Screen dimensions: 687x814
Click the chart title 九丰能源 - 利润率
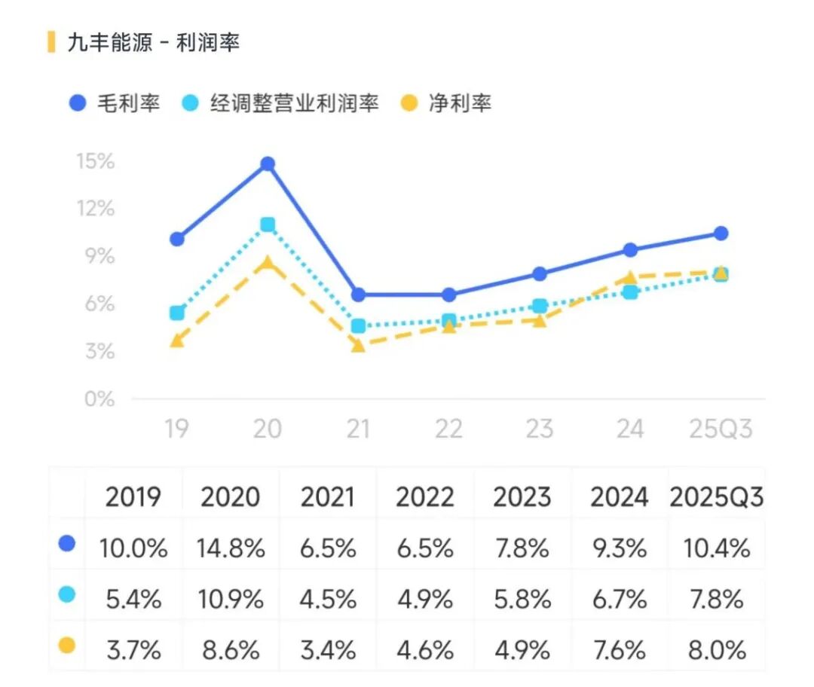pos(153,43)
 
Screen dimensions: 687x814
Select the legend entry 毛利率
pos(114,102)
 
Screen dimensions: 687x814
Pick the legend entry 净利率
pos(445,102)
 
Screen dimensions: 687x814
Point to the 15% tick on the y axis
pos(95,161)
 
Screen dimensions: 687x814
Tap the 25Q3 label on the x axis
pos(721,429)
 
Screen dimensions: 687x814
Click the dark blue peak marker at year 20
pos(268,164)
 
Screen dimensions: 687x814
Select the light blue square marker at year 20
pos(268,224)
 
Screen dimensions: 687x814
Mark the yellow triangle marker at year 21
pos(358,345)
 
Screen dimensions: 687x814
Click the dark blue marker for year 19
pos(177,240)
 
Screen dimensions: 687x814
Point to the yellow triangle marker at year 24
pos(630,277)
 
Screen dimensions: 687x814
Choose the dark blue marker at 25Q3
pos(721,234)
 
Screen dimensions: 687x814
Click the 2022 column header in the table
pos(425,497)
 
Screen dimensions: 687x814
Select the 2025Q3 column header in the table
pos(716,497)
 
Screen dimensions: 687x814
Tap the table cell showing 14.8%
pos(231,548)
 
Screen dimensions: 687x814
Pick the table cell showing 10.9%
pos(231,599)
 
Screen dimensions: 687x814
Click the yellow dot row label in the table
pos(67,646)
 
